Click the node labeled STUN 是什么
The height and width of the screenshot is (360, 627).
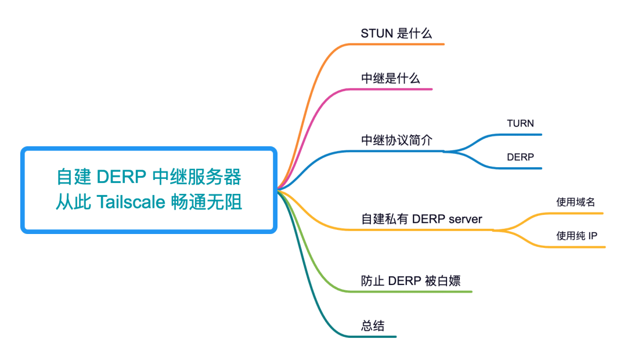point(397,33)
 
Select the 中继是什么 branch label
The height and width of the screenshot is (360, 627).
point(390,78)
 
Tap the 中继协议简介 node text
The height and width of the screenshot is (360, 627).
point(397,141)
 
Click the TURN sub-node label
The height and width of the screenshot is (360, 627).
point(520,123)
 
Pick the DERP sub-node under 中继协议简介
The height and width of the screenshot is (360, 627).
point(520,157)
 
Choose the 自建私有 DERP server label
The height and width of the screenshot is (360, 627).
point(421,219)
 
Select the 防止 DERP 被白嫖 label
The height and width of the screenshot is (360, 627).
point(410,280)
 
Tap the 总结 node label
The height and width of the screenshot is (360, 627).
point(373,326)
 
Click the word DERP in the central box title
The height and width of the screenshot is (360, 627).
point(120,175)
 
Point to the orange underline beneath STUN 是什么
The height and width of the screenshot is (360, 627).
point(406,44)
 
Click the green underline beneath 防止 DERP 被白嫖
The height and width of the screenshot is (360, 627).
point(418,291)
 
